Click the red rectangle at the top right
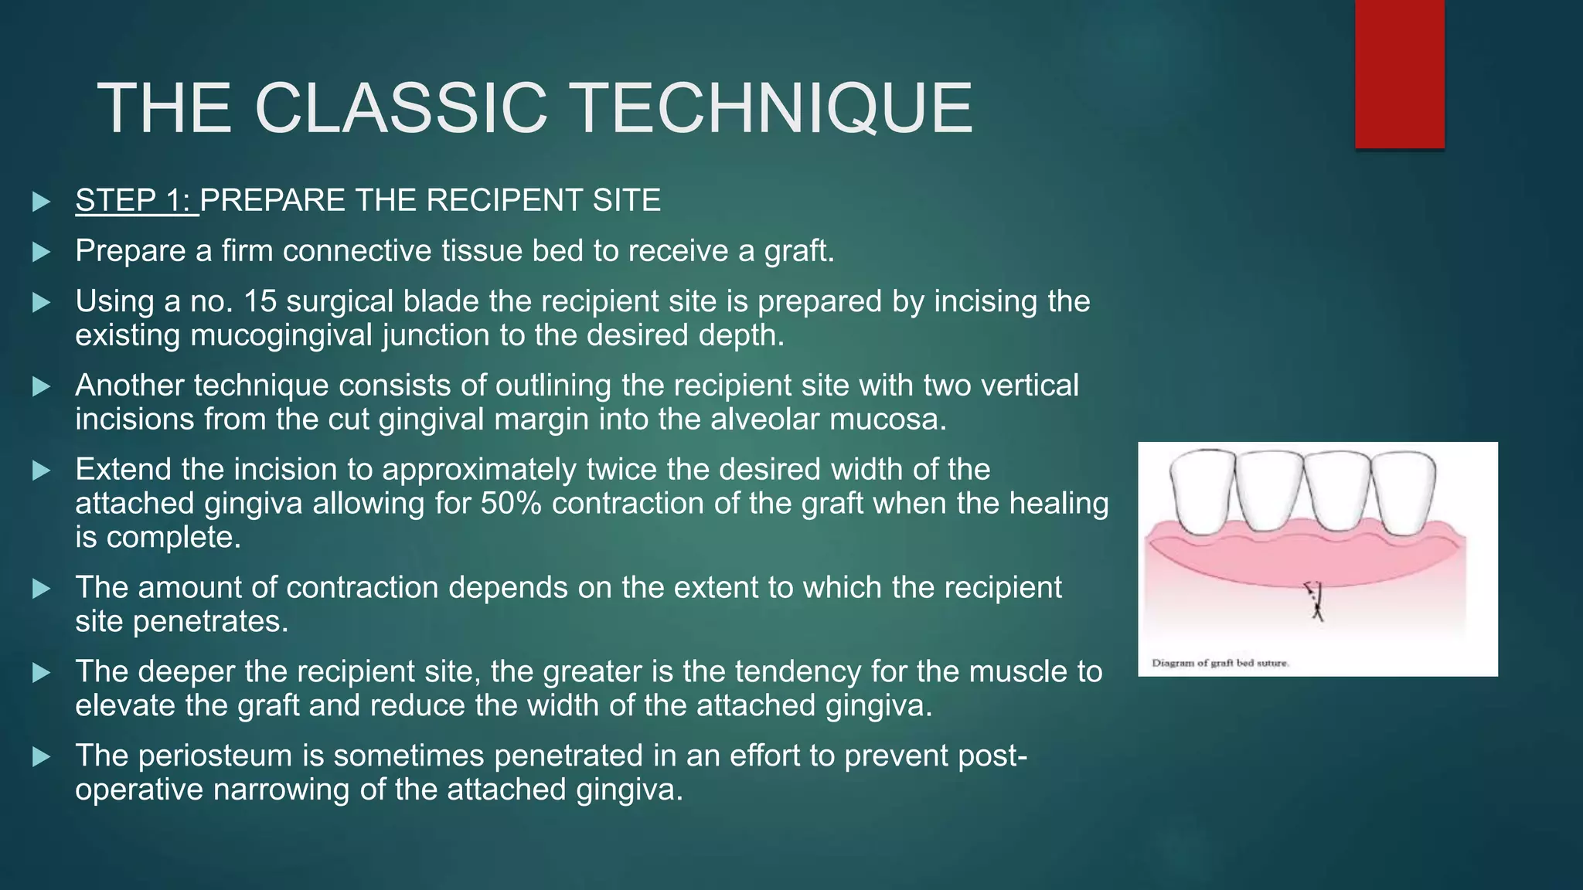click(1399, 73)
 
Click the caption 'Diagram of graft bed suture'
click(1220, 663)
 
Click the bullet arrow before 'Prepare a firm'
click(42, 252)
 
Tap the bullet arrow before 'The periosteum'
click(42, 756)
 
